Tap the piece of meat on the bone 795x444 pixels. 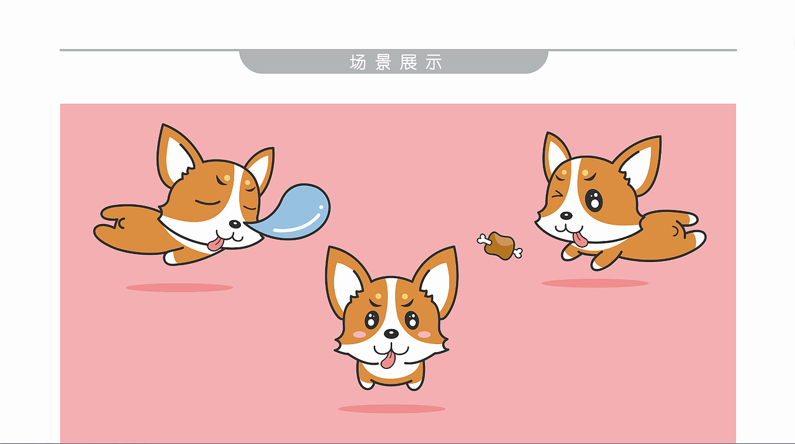(x=501, y=245)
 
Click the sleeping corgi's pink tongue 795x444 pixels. (x=216, y=243)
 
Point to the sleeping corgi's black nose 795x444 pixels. (x=234, y=224)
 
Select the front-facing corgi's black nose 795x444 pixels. (x=391, y=333)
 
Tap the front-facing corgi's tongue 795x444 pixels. (x=388, y=359)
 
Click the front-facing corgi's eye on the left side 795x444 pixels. (x=371, y=320)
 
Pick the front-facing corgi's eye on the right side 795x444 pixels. (x=412, y=320)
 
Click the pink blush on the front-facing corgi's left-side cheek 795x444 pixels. (x=359, y=335)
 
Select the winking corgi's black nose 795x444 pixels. (x=566, y=215)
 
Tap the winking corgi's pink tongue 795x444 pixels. (x=579, y=239)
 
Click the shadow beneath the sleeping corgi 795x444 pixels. (x=179, y=288)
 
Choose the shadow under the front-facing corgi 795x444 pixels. (x=391, y=409)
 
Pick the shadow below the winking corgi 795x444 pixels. (x=594, y=283)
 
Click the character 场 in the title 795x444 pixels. (x=358, y=62)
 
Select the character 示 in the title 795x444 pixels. (x=434, y=62)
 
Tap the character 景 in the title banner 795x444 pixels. (x=383, y=62)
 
